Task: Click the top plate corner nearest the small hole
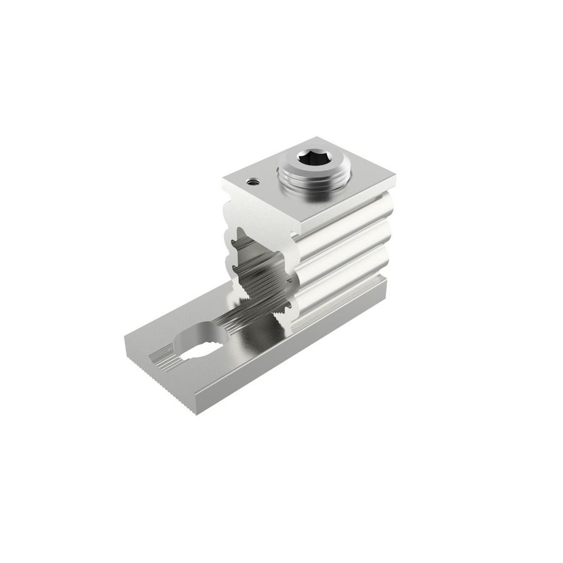(x=223, y=181)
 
